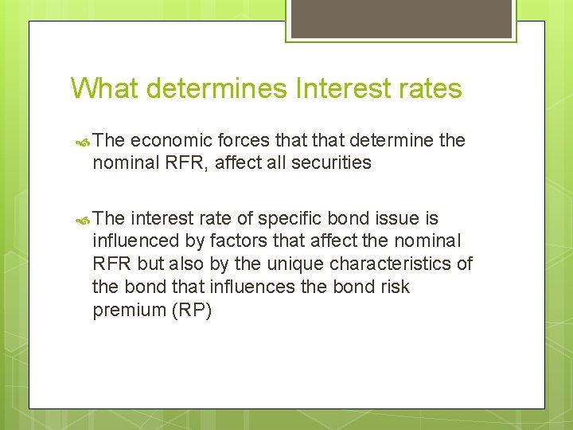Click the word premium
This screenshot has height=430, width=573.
(129, 311)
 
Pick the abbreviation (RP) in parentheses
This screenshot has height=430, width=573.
(192, 311)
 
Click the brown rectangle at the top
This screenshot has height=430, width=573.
(400, 18)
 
